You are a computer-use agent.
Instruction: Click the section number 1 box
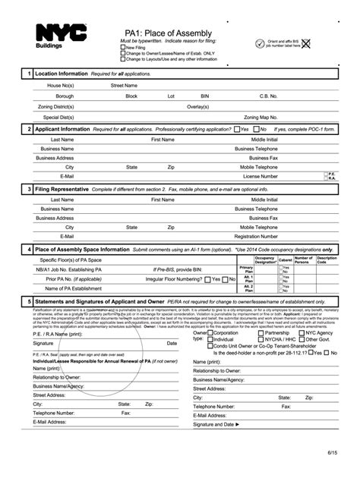tap(28, 74)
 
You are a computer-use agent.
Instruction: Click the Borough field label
tap(64, 96)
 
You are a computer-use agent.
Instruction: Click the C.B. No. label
tap(269, 96)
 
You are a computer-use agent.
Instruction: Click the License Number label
tap(260, 175)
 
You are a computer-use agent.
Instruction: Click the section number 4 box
tap(28, 249)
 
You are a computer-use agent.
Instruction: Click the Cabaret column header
tap(286, 259)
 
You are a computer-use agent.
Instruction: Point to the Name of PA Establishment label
tap(73, 288)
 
